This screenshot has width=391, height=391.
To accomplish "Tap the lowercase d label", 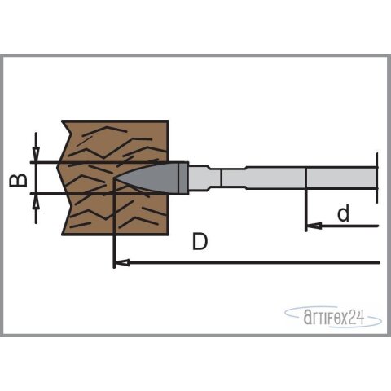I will point(343,213).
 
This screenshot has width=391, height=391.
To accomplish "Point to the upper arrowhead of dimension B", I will point(35,157).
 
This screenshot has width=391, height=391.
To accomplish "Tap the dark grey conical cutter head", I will point(159,177).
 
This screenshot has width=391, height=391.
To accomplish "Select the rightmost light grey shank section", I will point(341,177).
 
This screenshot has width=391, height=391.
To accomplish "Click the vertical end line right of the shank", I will point(379,177).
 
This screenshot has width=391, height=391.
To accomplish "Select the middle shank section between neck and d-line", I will point(273,177).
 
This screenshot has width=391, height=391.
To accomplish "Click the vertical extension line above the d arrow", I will point(305,204).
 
